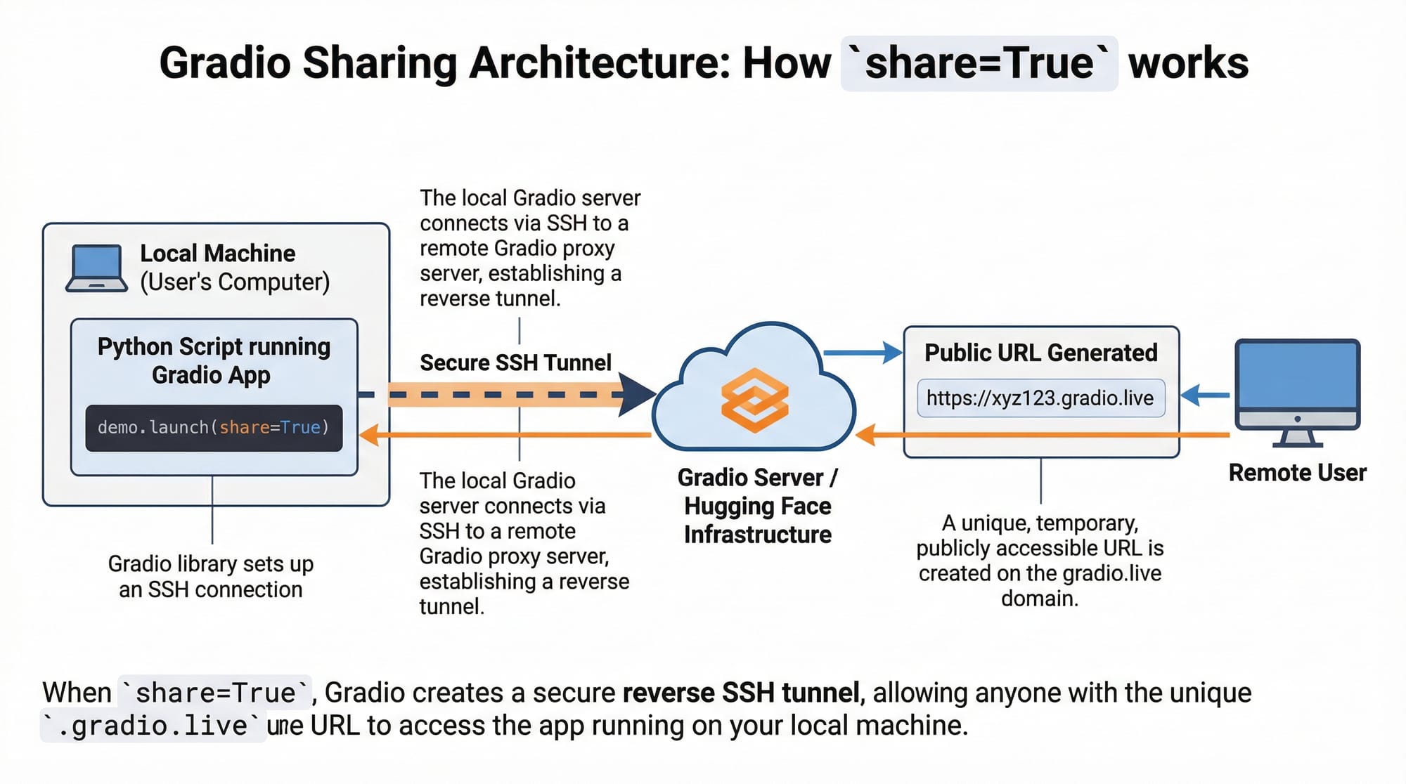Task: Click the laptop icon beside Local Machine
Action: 97,268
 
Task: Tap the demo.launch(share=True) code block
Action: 214,427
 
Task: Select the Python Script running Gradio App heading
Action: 214,360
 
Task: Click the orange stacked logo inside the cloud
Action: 754,400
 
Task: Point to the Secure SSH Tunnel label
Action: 515,362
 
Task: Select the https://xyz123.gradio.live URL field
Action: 1040,398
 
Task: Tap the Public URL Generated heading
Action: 1040,353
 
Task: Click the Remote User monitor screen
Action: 1297,376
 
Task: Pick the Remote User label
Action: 1297,473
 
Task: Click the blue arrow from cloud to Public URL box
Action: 863,353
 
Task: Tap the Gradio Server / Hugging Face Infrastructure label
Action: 757,506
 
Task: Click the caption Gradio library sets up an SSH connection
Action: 211,576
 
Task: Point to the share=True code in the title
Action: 979,63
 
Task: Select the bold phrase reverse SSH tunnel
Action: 741,693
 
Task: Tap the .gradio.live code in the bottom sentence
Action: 153,726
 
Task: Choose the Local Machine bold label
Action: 218,253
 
